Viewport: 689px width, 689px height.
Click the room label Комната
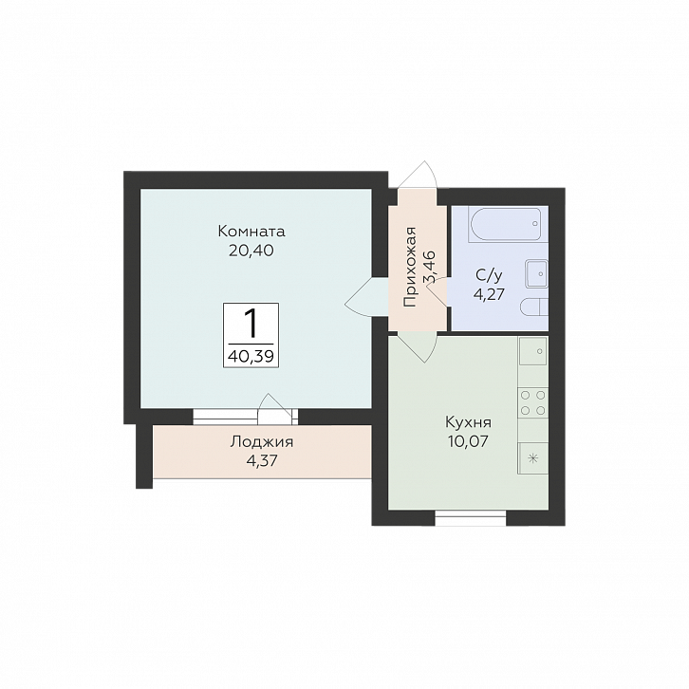coord(251,232)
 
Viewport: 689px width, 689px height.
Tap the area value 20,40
coord(251,251)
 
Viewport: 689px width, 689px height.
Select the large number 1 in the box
coord(251,323)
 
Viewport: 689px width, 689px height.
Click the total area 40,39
coord(251,356)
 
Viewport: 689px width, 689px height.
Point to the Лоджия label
coord(262,441)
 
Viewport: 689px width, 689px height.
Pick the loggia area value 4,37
coord(262,461)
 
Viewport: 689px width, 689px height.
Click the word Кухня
coord(469,422)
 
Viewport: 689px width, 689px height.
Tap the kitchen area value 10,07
coord(469,441)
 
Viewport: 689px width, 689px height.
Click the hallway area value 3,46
coord(428,269)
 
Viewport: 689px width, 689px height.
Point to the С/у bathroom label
coord(489,275)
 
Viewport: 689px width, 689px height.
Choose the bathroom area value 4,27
coord(489,293)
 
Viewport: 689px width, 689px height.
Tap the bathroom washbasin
coord(536,273)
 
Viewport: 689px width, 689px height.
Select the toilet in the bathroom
coord(534,307)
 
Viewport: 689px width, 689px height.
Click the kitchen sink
coord(533,351)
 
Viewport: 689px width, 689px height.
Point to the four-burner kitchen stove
coord(533,402)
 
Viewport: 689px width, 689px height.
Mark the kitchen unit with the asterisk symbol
coord(533,458)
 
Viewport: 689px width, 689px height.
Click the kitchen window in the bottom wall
coord(471,518)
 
